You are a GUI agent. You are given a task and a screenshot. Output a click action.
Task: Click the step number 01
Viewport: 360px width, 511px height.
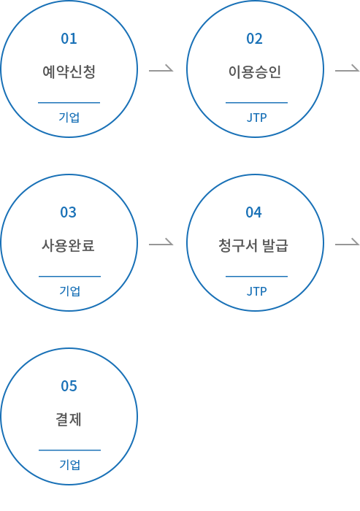coord(69,39)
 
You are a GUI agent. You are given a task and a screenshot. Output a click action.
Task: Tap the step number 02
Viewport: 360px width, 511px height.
coord(254,39)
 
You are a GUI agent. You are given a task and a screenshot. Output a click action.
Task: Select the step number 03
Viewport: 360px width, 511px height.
coord(68,212)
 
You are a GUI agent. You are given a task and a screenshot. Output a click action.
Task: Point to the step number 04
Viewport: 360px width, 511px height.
coord(253,212)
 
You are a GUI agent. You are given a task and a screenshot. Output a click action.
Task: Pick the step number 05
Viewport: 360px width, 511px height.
coord(69,386)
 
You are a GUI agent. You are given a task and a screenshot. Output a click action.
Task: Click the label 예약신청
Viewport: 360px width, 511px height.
coord(69,72)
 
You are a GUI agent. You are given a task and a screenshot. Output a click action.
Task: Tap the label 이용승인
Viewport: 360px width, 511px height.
coord(255,72)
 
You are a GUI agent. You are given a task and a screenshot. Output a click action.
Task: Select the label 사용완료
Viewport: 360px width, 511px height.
coord(68,245)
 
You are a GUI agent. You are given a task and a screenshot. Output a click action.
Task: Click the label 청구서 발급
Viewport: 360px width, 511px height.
coord(253,245)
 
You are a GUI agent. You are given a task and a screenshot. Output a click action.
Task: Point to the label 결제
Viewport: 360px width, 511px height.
coord(69,419)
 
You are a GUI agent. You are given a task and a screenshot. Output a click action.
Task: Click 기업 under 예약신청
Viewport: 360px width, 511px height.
coord(69,118)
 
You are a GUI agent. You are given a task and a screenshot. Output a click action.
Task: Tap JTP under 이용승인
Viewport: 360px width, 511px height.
coord(256,118)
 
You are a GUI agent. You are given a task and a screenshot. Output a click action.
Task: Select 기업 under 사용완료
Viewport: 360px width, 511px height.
coord(70,291)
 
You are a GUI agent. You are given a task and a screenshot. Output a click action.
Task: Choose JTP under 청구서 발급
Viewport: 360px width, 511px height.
coord(256,291)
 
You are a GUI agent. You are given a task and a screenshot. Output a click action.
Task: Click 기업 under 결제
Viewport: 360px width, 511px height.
coord(70,465)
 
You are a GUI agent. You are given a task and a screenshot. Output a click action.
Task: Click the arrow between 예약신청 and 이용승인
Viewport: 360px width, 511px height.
coord(161,70)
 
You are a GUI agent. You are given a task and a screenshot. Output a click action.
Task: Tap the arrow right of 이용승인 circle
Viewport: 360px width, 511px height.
coord(348,70)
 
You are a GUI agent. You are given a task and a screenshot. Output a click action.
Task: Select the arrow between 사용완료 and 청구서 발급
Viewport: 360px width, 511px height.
coord(161,244)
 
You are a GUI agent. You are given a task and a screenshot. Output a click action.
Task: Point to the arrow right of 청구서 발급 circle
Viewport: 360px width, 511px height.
coord(348,244)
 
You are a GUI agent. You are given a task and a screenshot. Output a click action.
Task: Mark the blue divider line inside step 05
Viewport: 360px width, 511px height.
coord(70,450)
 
